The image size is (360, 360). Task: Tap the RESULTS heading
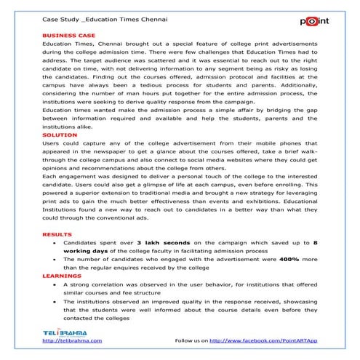click(57, 235)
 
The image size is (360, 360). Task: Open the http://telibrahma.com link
click(73, 340)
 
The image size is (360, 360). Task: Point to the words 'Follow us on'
click(192, 340)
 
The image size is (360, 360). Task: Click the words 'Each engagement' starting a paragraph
click(66, 177)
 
